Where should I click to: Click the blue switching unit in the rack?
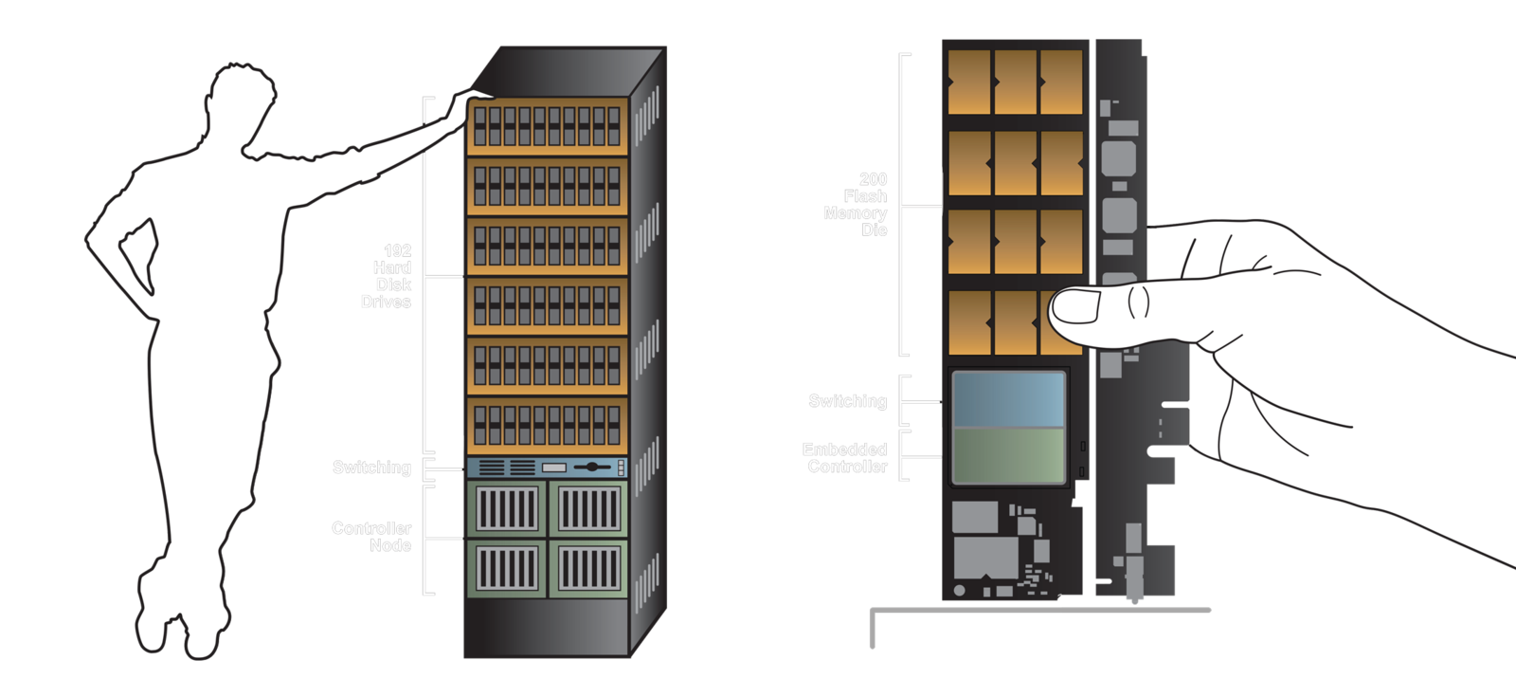tap(548, 468)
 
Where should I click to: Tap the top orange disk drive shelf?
tap(548, 126)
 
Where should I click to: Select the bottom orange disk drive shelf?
tap(548, 426)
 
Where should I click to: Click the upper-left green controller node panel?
tap(507, 510)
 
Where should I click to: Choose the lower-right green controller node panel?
tap(588, 568)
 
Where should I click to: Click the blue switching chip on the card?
tap(1008, 398)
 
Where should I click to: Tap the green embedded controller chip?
tap(1008, 455)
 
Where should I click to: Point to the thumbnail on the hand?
tap(1077, 306)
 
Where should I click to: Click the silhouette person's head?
tap(243, 100)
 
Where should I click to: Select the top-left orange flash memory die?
tap(968, 81)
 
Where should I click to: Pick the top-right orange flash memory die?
tap(1061, 81)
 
